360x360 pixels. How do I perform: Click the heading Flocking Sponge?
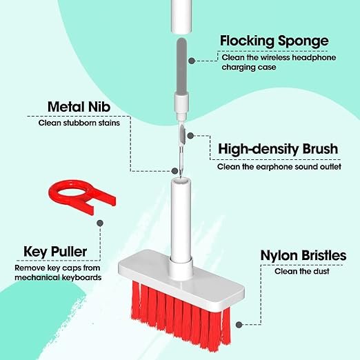coord(274,41)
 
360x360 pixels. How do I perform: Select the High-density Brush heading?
coord(278,150)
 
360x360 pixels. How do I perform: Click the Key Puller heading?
coord(54,251)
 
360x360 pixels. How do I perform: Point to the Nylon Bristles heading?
coord(303,256)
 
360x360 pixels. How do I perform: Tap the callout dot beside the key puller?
coord(101,223)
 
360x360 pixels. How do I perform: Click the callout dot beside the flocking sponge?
coord(193,60)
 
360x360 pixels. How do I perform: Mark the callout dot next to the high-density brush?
coord(192,136)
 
